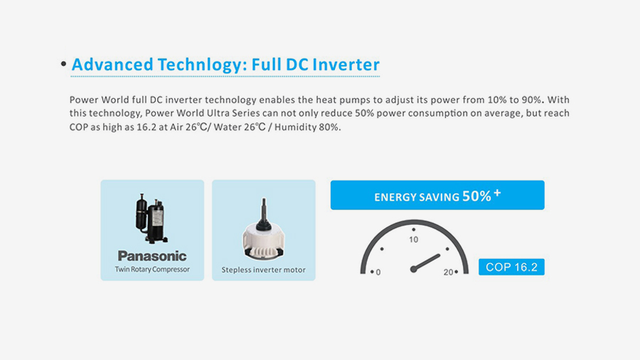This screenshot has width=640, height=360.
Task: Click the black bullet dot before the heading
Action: tap(63, 63)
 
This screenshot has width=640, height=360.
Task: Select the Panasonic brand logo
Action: tap(152, 256)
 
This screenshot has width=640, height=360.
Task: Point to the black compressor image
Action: tap(151, 218)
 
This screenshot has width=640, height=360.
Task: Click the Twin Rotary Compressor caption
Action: tap(152, 270)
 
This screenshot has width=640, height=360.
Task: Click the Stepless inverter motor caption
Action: tap(264, 270)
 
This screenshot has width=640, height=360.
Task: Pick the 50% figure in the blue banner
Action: tap(476, 196)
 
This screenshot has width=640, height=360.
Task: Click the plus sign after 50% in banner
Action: tap(497, 193)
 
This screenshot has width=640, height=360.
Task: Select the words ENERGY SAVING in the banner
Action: tap(417, 198)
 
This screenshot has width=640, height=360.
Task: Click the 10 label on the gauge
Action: tap(413, 240)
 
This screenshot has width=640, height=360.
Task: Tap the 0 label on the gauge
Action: tap(378, 272)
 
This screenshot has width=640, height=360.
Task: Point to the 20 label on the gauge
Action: tap(448, 272)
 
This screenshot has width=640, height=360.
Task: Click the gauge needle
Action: tap(425, 263)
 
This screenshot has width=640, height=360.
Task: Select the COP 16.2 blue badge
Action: tap(511, 267)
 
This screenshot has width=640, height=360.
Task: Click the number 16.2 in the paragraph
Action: tap(146, 127)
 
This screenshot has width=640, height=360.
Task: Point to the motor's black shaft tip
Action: tap(264, 200)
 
